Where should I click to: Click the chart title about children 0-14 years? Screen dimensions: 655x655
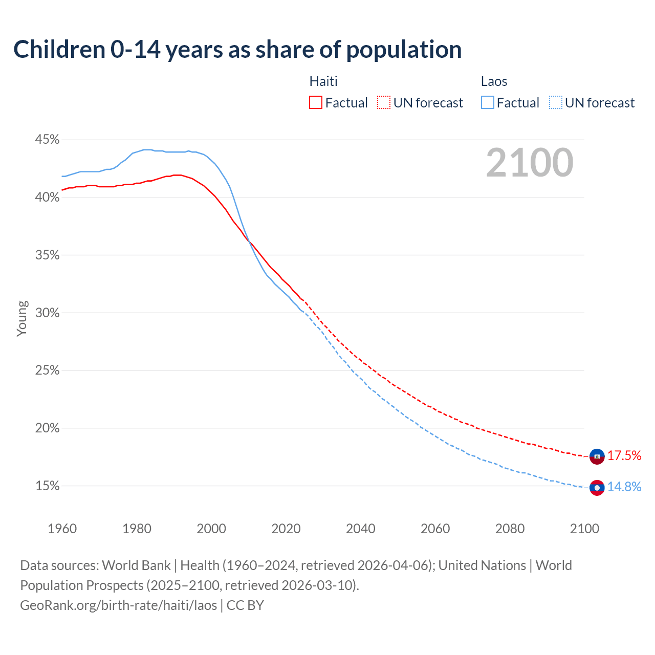tap(237, 50)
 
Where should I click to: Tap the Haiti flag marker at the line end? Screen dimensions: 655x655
tap(597, 456)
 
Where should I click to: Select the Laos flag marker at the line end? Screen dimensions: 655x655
tap(597, 488)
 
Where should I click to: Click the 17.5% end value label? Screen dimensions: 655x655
tap(624, 456)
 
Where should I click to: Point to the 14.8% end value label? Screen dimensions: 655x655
tap(624, 487)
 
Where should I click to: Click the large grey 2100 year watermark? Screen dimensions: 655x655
tap(529, 163)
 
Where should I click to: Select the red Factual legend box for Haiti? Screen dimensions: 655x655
tap(316, 103)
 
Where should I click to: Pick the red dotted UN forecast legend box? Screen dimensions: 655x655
tap(384, 103)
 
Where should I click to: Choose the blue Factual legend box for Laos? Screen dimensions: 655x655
tap(488, 103)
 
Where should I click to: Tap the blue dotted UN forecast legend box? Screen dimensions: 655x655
tap(556, 103)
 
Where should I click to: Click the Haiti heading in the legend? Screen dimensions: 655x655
tap(323, 81)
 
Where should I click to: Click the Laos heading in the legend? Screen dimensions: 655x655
tap(494, 81)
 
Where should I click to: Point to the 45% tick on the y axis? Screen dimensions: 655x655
tap(47, 140)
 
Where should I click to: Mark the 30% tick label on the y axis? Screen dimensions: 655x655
tap(47, 313)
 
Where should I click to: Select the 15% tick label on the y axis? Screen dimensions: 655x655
tap(47, 486)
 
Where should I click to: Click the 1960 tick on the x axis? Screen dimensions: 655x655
tap(62, 529)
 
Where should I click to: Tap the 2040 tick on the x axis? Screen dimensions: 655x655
tap(360, 529)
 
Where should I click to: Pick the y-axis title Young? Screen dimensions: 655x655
tap(21, 318)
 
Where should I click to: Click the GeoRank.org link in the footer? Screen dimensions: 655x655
tap(118, 605)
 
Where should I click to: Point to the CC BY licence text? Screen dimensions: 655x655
tap(245, 605)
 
